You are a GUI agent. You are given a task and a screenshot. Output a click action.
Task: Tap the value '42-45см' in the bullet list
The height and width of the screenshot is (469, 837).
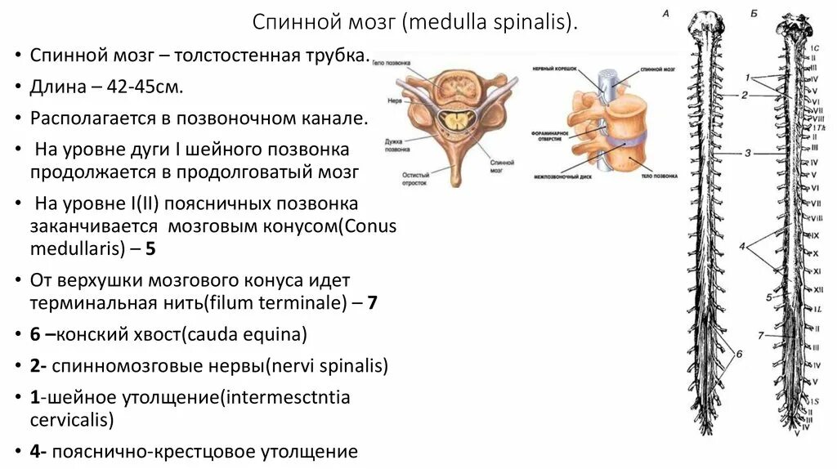[149, 87]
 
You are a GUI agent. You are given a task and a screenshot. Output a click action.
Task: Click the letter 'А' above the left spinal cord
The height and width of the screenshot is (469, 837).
[665, 14]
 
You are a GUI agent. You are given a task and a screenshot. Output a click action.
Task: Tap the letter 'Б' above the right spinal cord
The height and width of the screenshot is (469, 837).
[754, 14]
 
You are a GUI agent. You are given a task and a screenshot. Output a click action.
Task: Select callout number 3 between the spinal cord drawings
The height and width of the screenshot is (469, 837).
[747, 152]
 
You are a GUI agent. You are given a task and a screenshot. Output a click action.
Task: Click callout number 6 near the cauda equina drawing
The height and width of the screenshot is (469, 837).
[739, 354]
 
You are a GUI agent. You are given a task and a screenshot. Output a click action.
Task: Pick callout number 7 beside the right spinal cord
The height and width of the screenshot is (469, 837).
[759, 335]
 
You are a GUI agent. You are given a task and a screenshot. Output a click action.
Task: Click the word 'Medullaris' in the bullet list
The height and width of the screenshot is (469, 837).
[74, 247]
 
